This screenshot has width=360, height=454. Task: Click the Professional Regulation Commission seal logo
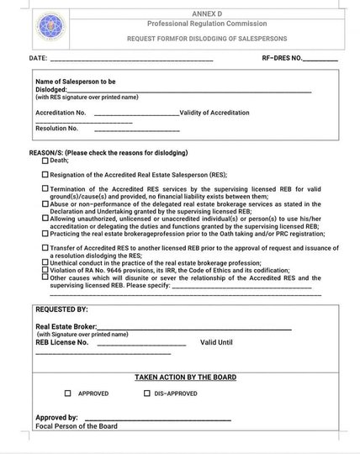click(50, 27)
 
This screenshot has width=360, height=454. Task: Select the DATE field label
click(39, 60)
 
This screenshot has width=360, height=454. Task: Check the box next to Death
click(45, 160)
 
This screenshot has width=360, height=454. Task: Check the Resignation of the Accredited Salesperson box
click(45, 174)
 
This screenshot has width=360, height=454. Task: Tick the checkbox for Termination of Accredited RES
click(45, 189)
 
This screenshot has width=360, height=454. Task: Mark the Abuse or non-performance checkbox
click(45, 203)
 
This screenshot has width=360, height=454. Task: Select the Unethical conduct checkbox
click(45, 261)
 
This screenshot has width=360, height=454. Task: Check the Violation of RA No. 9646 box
click(45, 269)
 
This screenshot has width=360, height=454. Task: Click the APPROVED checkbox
click(68, 393)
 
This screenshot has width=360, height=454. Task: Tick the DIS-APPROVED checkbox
click(147, 393)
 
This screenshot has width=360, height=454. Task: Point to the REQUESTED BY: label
click(61, 310)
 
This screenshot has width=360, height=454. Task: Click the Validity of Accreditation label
click(214, 112)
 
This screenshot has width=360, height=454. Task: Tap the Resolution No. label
click(56, 129)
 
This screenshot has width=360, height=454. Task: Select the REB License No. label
click(61, 342)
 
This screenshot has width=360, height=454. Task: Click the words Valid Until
click(216, 342)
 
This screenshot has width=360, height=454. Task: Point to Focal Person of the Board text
click(77, 426)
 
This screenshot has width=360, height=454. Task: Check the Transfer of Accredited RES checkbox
click(45, 247)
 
